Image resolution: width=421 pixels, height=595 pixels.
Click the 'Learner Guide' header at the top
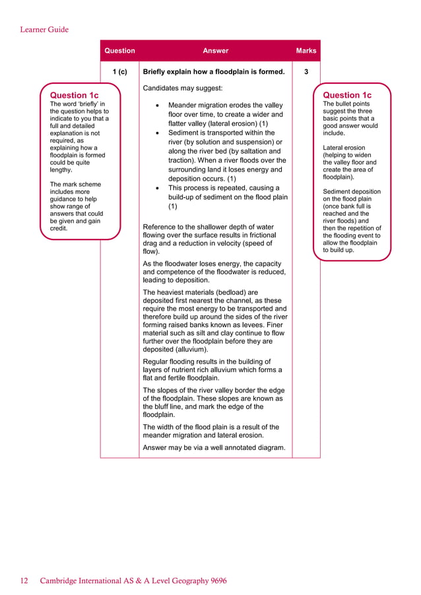coord(44,29)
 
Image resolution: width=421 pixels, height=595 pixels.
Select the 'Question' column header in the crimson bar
coord(119,51)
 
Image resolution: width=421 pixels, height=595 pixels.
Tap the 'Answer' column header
coord(215,51)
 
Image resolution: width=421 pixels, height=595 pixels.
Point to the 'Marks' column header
coord(306,51)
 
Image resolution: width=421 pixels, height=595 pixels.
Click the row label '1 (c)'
coord(119,72)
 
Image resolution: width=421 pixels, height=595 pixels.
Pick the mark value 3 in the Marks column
coord(306,72)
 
